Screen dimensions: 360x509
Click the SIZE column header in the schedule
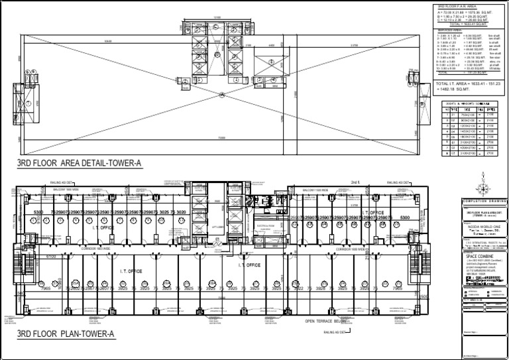tap(467, 109)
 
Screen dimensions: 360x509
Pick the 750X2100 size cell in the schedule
tap(467, 115)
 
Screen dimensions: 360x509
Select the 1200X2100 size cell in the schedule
tap(467, 125)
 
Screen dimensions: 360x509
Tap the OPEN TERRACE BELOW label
tap(325, 321)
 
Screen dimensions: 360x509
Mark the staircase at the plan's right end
tap(424, 252)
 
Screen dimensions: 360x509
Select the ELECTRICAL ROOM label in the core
tap(265, 225)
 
